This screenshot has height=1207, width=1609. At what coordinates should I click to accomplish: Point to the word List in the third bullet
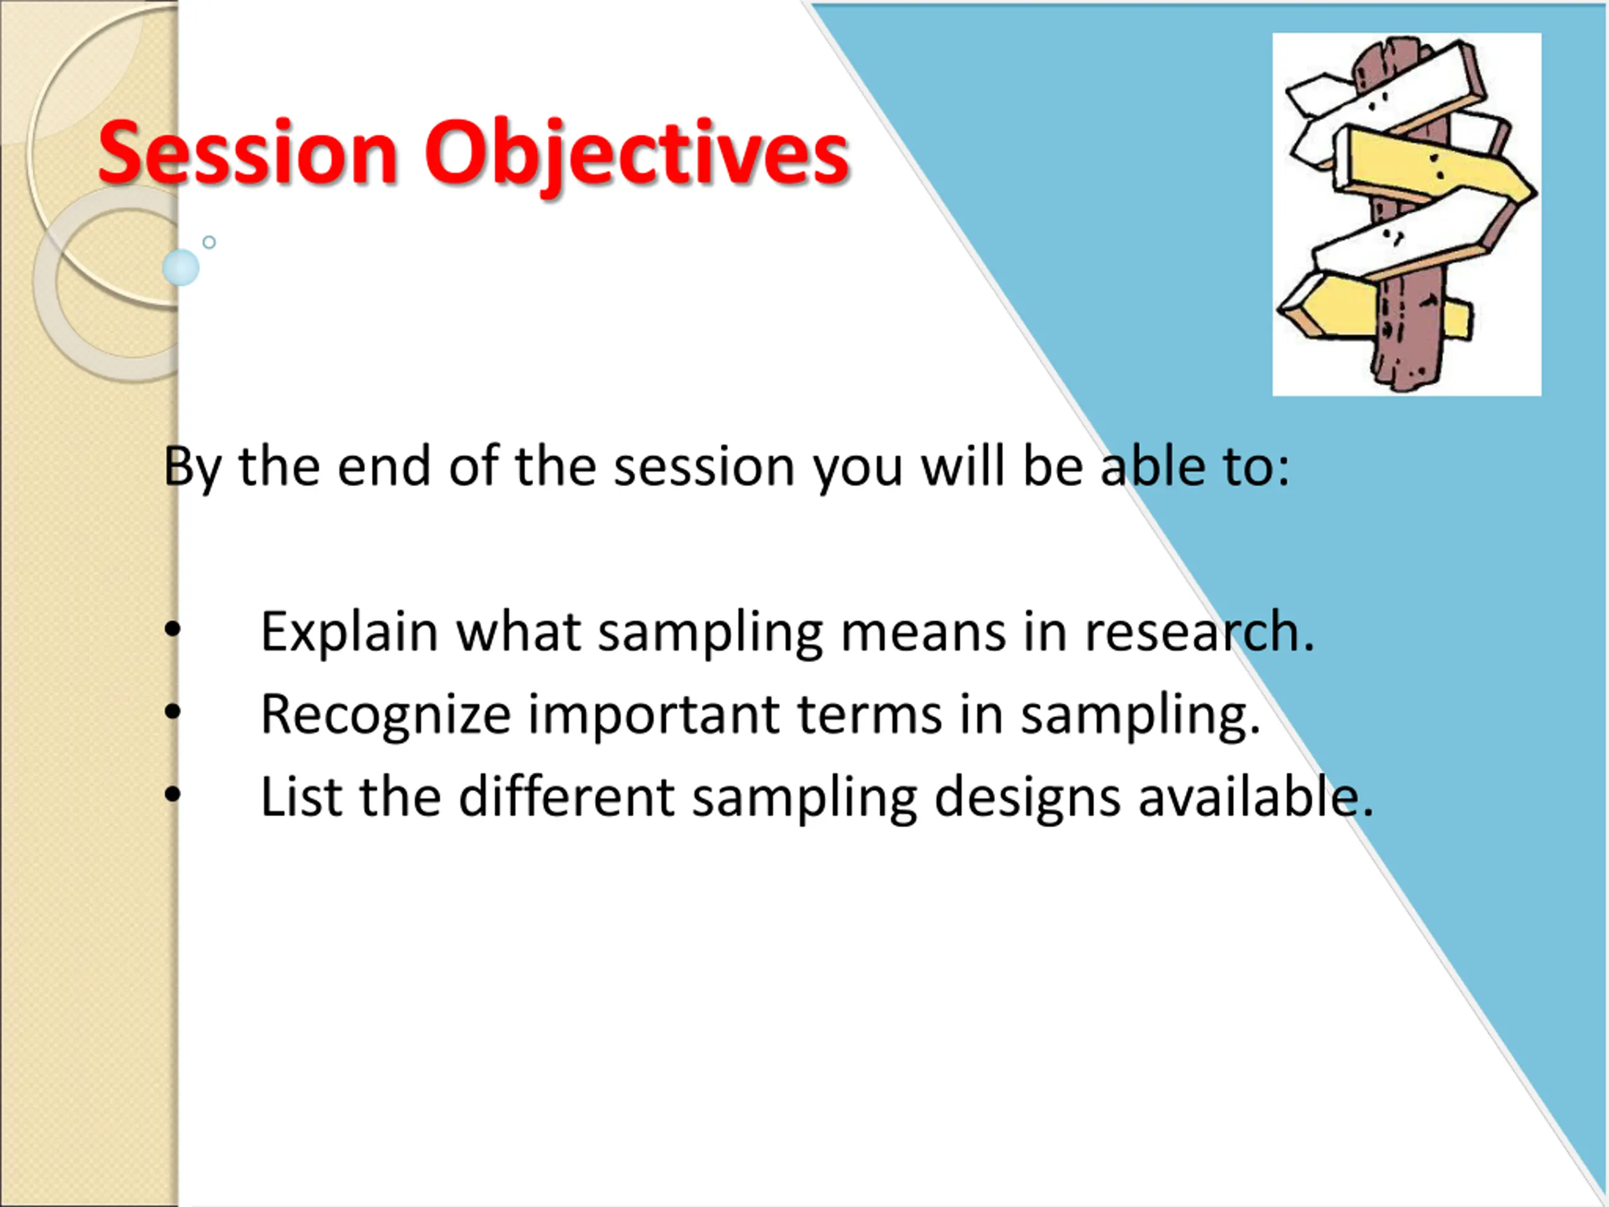(x=301, y=796)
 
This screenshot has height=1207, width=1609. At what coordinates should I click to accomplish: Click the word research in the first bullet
(x=1199, y=632)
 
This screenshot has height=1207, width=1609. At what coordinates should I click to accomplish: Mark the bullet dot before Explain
(x=172, y=630)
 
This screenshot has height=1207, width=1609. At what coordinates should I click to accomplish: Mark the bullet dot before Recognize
(x=172, y=713)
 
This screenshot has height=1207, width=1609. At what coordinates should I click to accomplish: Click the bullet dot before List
(x=172, y=795)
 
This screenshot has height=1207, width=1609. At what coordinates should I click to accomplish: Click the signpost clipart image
(x=1406, y=214)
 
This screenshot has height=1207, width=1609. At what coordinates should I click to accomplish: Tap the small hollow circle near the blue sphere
(x=209, y=242)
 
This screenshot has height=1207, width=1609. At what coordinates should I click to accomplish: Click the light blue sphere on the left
(x=180, y=268)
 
